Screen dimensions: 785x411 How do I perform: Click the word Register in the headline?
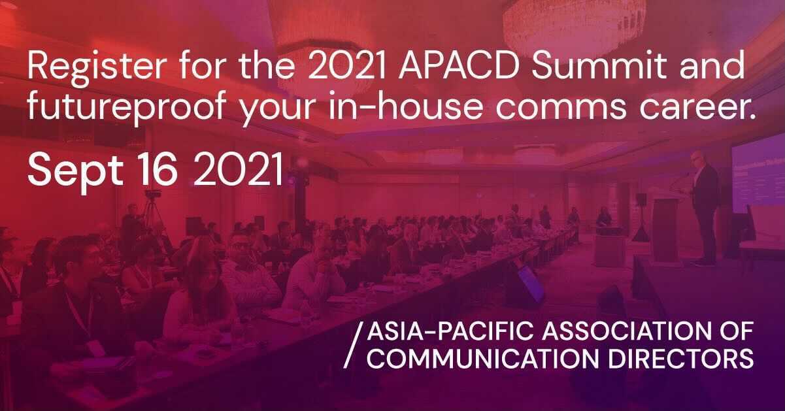95,69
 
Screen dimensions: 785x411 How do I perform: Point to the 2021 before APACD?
347,66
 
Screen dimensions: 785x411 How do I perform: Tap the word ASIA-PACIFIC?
450,331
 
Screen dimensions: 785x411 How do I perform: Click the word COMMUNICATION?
483,359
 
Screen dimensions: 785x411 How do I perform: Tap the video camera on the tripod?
153,194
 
